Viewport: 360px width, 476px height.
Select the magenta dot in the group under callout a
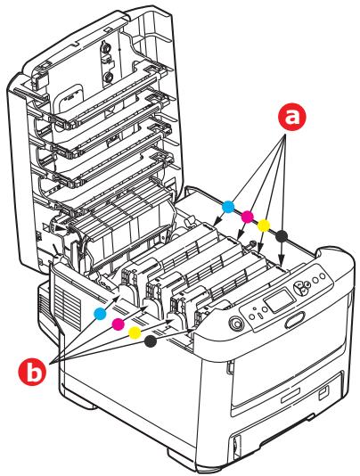247,217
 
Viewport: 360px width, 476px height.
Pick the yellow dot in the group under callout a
264,225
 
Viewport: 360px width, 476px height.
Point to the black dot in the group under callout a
282,234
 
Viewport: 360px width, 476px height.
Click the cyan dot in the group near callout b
100,311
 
